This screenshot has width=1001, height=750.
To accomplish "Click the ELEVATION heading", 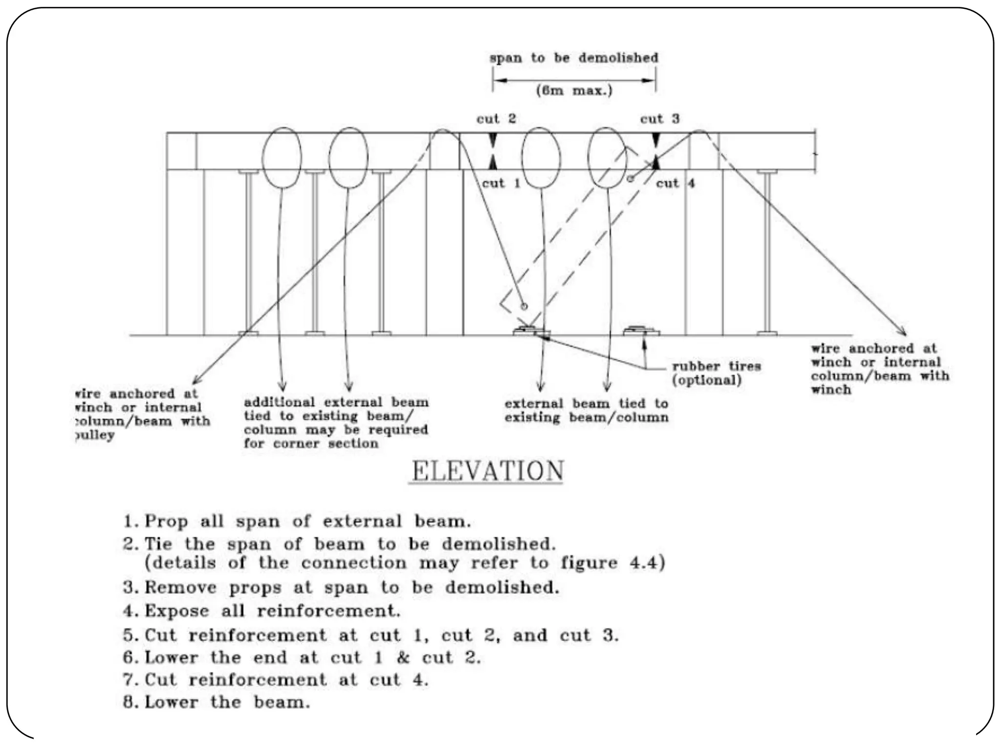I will (487, 471).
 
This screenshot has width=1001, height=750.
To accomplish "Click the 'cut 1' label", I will (501, 184).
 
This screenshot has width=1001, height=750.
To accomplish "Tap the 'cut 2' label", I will (496, 119).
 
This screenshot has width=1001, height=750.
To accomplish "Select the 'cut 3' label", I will (659, 119).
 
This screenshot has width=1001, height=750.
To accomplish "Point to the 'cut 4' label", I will (675, 184).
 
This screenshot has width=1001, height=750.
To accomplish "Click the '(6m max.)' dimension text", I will (574, 91).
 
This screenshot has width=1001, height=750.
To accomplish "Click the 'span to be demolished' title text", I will (574, 58).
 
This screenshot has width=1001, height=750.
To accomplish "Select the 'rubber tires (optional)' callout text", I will (716, 373).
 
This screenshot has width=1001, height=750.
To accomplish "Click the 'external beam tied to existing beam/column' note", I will (586, 411).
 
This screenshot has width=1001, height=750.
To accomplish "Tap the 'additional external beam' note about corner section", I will (336, 423).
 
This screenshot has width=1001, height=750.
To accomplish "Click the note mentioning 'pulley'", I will (142, 414).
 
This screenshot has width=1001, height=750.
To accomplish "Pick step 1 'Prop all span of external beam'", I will (297, 521).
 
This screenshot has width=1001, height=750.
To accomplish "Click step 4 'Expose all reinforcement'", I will (261, 611).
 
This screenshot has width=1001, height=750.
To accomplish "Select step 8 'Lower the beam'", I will (217, 703).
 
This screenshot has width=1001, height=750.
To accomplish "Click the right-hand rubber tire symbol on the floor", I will (641, 331).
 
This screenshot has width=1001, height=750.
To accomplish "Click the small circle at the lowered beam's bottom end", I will (524, 307).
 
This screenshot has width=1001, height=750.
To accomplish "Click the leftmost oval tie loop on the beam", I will (282, 157).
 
